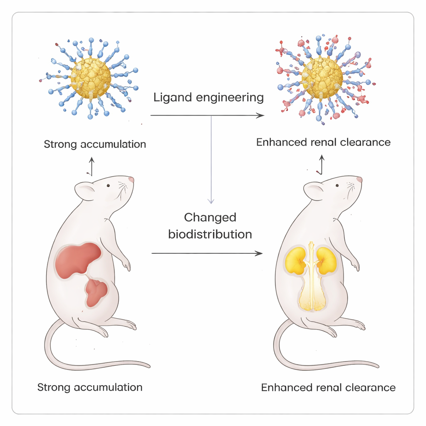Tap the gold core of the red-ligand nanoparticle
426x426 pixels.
click(322, 77)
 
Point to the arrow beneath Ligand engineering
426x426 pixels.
click(207, 115)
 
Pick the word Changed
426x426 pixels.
click(210, 217)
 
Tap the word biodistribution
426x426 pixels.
click(210, 234)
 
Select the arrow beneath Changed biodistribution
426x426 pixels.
click(207, 253)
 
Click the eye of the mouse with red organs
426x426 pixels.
click(108, 186)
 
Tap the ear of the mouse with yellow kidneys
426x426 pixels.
click(313, 191)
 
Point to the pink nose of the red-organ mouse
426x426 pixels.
click(131, 180)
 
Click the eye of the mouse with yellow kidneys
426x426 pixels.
click(337, 186)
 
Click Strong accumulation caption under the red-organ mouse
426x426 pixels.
click(90, 387)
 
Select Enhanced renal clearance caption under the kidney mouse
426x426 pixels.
click(328, 388)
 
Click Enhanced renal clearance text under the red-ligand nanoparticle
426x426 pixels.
click(323, 142)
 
